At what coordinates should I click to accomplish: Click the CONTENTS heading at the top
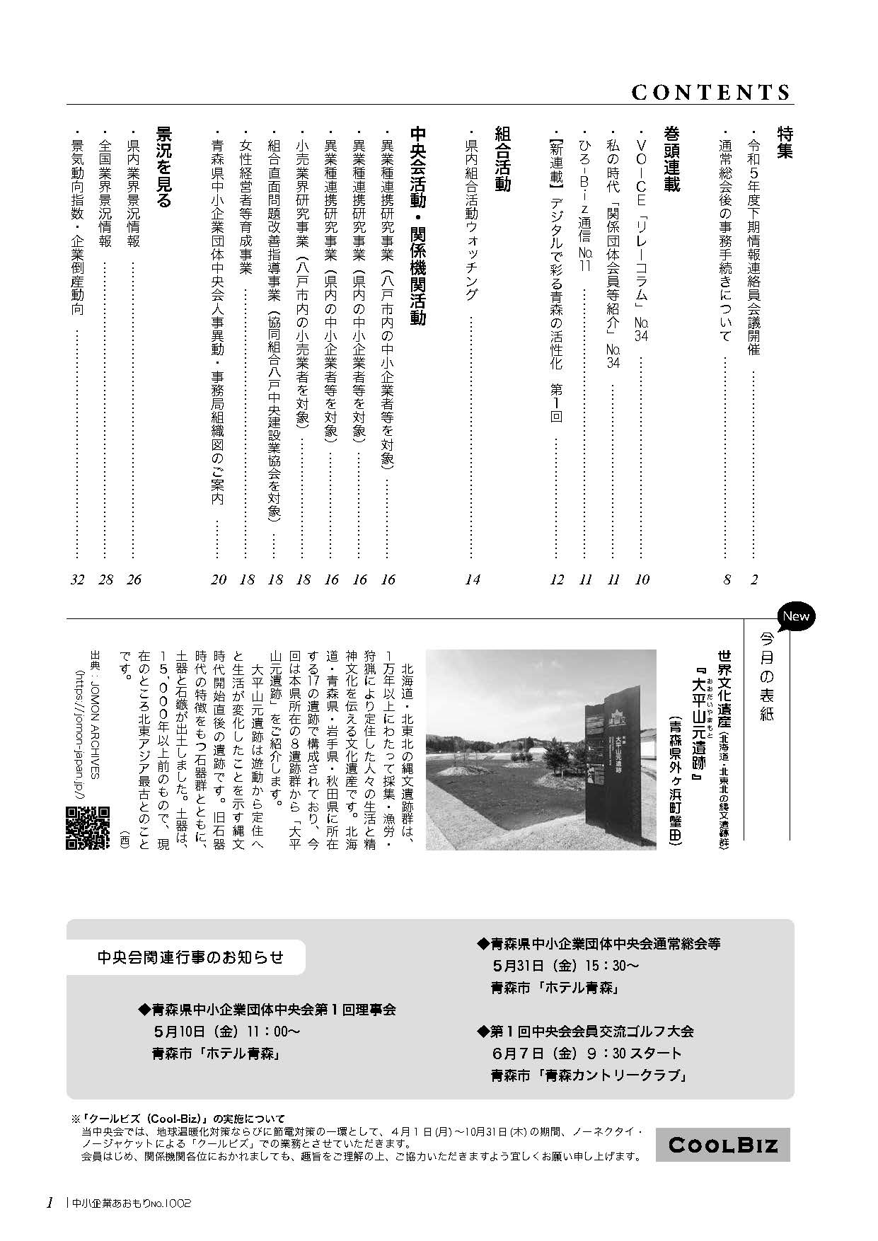click(x=710, y=93)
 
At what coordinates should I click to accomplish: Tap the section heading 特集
click(x=785, y=142)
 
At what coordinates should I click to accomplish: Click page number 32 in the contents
click(x=77, y=579)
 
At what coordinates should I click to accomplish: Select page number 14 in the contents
click(x=473, y=579)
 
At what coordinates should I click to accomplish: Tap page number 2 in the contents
click(x=754, y=579)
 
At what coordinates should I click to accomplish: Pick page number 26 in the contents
click(x=133, y=579)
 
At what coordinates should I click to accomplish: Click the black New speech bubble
click(x=795, y=616)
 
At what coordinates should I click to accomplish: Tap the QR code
click(x=88, y=827)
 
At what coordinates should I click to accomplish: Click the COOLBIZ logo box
click(x=722, y=1145)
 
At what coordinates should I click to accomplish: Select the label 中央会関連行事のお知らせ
click(x=190, y=958)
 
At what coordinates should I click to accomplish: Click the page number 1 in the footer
click(x=50, y=1203)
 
